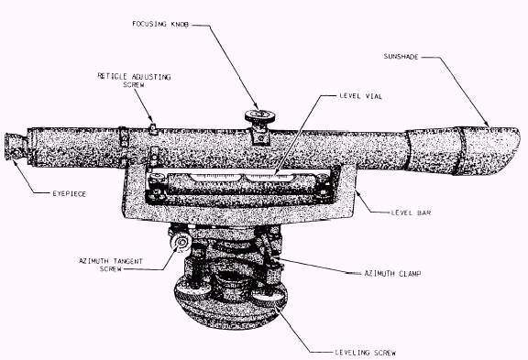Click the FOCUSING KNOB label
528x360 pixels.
point(160,24)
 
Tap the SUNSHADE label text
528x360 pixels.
point(401,57)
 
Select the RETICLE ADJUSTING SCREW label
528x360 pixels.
point(134,81)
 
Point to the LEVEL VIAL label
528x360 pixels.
point(360,96)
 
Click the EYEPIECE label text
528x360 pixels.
point(70,194)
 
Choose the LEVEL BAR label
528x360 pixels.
point(412,213)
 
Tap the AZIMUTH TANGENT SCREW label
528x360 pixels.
point(111,265)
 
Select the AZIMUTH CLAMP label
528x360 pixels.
point(392,274)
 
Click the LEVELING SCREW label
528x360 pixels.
point(366,353)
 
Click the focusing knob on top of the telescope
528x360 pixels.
point(259,116)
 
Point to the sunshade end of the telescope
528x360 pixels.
point(487,151)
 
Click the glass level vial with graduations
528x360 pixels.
point(241,178)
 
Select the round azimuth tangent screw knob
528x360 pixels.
point(181,243)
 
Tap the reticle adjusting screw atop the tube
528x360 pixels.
point(153,129)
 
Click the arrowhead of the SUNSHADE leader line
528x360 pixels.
point(488,125)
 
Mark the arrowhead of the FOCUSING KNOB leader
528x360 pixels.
point(257,107)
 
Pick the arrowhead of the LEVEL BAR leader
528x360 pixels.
point(357,192)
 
